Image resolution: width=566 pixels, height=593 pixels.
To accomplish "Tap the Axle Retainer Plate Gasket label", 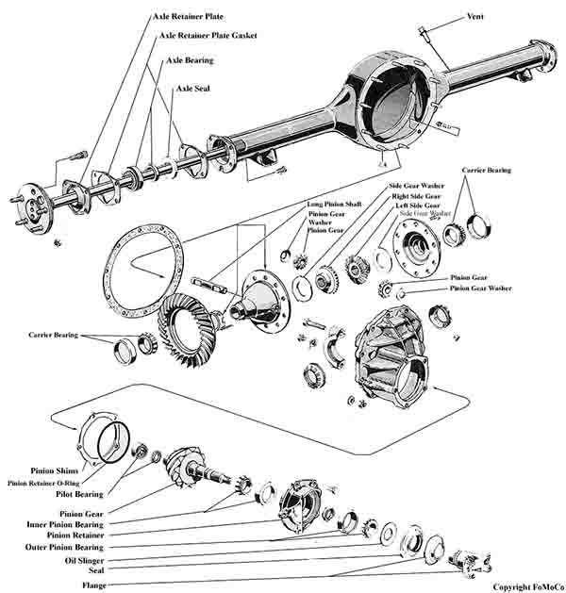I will (x=208, y=36).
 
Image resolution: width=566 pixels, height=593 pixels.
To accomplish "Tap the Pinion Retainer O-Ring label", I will (x=44, y=483).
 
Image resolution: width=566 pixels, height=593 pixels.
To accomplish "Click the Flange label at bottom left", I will (x=93, y=585).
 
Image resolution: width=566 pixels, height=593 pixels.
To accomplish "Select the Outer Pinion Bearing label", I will (x=64, y=547).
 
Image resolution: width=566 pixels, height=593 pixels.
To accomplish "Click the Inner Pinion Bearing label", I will (x=64, y=524).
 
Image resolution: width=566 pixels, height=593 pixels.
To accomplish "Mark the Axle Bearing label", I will (x=190, y=60).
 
